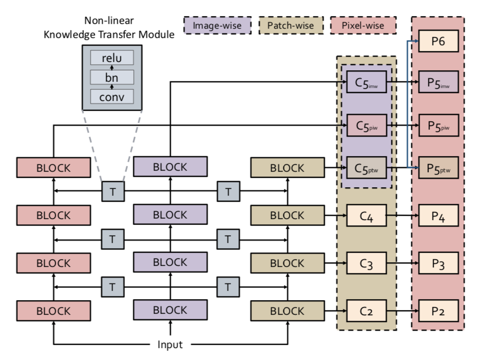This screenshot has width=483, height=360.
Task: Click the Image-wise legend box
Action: [x=217, y=25]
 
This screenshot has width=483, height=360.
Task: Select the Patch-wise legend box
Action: [x=290, y=25]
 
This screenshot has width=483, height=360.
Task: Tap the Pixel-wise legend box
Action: [x=363, y=25]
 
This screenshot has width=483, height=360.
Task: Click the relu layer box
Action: [x=112, y=58]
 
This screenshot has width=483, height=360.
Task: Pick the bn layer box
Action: [x=112, y=77]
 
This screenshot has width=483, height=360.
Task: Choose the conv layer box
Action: [x=112, y=96]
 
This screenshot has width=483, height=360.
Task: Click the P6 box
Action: [x=438, y=41]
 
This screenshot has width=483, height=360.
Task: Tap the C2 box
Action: [x=366, y=311]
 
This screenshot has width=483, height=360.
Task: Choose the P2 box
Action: [x=438, y=311]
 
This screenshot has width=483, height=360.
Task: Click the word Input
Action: [x=170, y=344]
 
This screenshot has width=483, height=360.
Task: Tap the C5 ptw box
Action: [x=366, y=168]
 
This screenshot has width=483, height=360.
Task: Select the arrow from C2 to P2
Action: [x=402, y=311]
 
